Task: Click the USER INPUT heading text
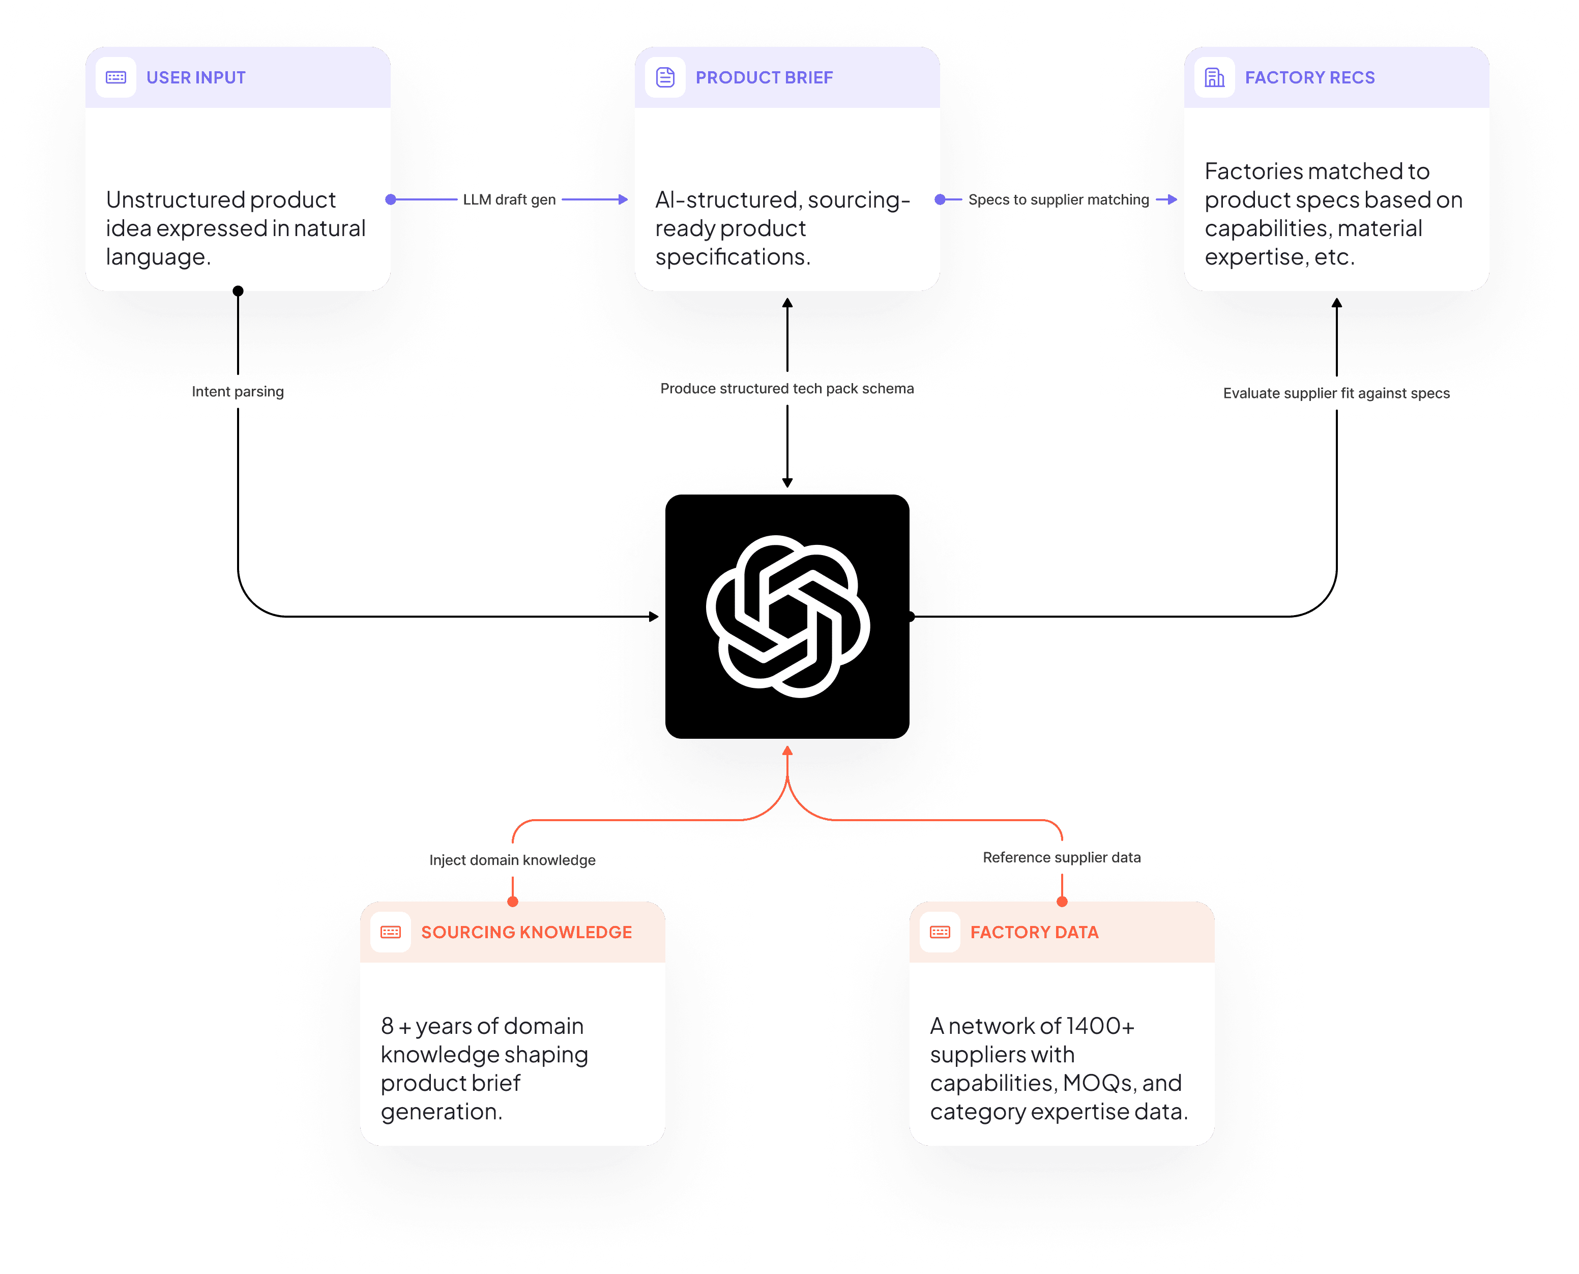(196, 78)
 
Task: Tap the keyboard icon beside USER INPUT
(116, 78)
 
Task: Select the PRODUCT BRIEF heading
(764, 78)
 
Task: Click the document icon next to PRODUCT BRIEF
(665, 78)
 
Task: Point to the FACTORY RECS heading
(1310, 78)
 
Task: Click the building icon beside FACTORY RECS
(1214, 78)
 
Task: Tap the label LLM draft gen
(509, 199)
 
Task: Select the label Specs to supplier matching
(1058, 199)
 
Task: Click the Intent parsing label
(238, 392)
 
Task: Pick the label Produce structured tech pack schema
(786, 389)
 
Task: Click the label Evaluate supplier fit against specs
(1336, 393)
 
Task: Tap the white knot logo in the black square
(787, 617)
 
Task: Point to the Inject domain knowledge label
(512, 860)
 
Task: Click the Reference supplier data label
(1061, 857)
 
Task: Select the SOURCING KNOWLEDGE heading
(526, 932)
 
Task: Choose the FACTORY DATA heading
(1034, 932)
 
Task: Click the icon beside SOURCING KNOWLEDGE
(390, 932)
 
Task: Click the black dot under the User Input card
(238, 292)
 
